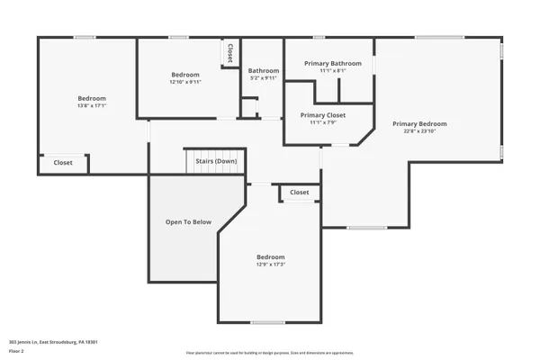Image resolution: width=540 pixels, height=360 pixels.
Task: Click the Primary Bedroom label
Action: (x=419, y=122)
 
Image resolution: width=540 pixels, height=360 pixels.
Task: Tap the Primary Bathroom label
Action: (x=333, y=63)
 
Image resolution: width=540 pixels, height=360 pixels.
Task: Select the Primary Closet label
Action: (x=322, y=115)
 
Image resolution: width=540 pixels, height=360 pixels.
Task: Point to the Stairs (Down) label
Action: (x=216, y=162)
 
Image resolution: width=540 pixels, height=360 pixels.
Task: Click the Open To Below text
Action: (x=188, y=221)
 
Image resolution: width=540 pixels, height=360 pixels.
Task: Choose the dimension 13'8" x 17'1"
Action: (x=92, y=105)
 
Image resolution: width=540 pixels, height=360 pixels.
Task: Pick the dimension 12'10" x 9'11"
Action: (x=185, y=82)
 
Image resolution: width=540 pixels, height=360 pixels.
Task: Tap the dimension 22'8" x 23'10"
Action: (x=419, y=130)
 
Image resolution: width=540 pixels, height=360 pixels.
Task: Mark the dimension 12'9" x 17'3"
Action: (x=271, y=264)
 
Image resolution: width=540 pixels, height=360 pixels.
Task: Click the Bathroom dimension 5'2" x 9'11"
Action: (x=264, y=78)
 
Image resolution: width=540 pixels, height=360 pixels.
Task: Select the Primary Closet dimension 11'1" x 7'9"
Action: (x=322, y=123)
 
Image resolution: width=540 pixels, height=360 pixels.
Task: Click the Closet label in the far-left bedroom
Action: (x=63, y=163)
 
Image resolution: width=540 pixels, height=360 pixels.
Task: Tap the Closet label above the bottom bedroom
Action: (x=299, y=192)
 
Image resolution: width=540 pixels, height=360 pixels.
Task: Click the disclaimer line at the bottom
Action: (x=270, y=353)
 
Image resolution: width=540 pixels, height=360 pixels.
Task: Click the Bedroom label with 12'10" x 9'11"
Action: (x=185, y=74)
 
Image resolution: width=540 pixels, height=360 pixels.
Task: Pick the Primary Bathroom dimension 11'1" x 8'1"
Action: (x=333, y=71)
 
